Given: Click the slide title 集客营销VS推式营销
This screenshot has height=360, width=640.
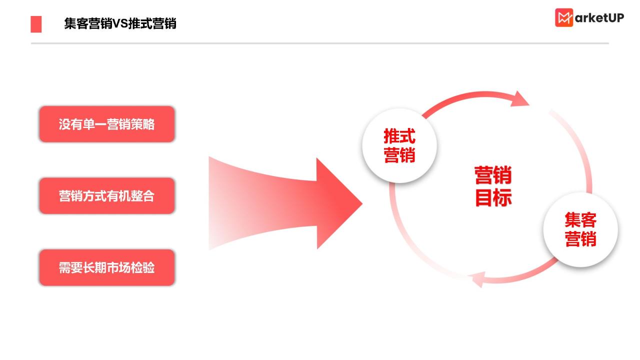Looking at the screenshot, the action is (x=120, y=23).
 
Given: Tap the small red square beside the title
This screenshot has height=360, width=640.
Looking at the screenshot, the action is (x=36, y=24).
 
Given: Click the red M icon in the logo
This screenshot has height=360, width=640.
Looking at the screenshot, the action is (x=563, y=17).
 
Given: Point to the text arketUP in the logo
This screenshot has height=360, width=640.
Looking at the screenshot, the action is (x=599, y=18).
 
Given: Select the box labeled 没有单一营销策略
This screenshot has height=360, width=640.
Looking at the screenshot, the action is (x=107, y=124).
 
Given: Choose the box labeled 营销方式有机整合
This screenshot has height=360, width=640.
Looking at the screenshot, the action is (x=107, y=195).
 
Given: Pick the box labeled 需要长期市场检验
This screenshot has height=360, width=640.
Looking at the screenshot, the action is (x=107, y=267).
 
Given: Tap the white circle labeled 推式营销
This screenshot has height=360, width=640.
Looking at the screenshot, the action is (x=399, y=145).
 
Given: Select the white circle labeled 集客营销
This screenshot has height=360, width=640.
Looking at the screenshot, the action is (x=580, y=229).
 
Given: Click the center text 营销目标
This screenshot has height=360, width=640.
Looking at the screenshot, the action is (x=493, y=186).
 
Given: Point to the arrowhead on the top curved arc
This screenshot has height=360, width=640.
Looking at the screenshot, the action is (x=519, y=99).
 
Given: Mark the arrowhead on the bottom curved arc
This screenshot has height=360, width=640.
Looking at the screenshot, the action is (x=476, y=279).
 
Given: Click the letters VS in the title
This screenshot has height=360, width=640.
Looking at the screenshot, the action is (x=120, y=23).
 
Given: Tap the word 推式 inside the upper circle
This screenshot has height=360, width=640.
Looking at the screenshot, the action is (x=399, y=136).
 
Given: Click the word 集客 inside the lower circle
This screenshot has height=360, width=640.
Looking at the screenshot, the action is (x=580, y=219).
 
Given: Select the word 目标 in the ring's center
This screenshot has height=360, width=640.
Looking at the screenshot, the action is (x=493, y=197).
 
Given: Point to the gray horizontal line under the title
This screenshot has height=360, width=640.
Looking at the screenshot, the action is (x=319, y=43).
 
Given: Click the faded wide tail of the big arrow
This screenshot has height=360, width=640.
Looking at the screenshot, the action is (x=228, y=203).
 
